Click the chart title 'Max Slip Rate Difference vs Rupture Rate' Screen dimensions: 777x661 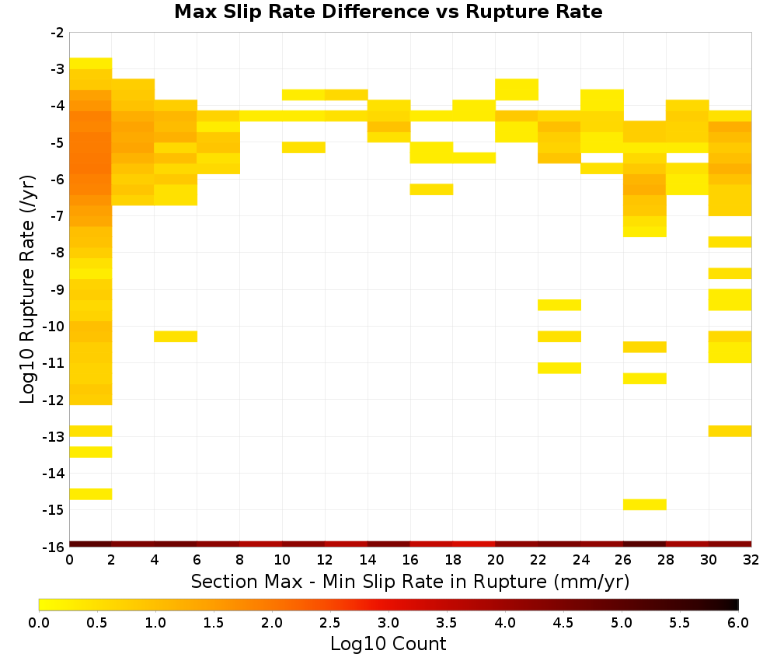tap(388, 12)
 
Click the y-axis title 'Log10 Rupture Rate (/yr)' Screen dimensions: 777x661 tap(27, 289)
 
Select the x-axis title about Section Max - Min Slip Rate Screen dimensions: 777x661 tap(409, 581)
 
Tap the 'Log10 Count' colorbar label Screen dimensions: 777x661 tap(388, 644)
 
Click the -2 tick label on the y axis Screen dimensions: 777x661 tap(57, 33)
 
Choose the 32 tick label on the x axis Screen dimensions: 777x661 tap(751, 561)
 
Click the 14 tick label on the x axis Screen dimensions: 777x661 tap(368, 561)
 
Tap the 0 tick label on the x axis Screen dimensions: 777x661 tap(69, 561)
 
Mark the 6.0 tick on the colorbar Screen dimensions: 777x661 tap(738, 623)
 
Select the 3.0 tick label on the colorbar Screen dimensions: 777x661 tap(388, 623)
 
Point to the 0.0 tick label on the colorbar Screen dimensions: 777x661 tap(39, 623)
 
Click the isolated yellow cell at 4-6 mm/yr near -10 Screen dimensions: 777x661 tap(176, 336)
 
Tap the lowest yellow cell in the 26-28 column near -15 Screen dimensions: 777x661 tap(645, 504)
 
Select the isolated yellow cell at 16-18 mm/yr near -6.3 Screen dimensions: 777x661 tap(431, 190)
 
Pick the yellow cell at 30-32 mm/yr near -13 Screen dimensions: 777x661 tap(730, 431)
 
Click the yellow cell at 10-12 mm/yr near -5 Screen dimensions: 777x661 tap(304, 147)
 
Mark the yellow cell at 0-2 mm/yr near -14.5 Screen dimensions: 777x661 tap(91, 494)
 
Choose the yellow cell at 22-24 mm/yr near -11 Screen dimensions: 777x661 tap(559, 368)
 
